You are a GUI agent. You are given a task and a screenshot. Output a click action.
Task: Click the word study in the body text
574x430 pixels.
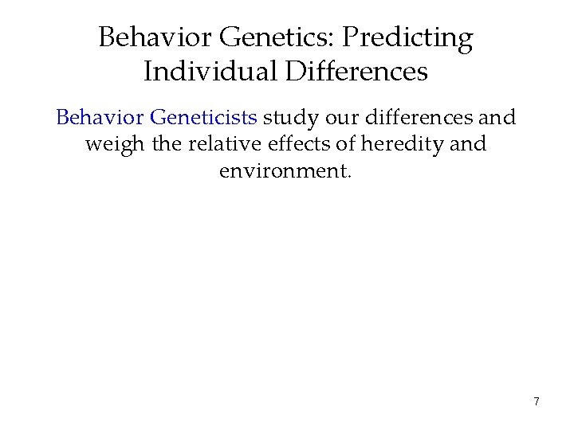pos(287,118)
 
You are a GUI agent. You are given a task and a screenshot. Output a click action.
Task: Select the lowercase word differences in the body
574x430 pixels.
pos(418,118)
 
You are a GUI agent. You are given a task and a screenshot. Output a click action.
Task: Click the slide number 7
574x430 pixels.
pos(537,402)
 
